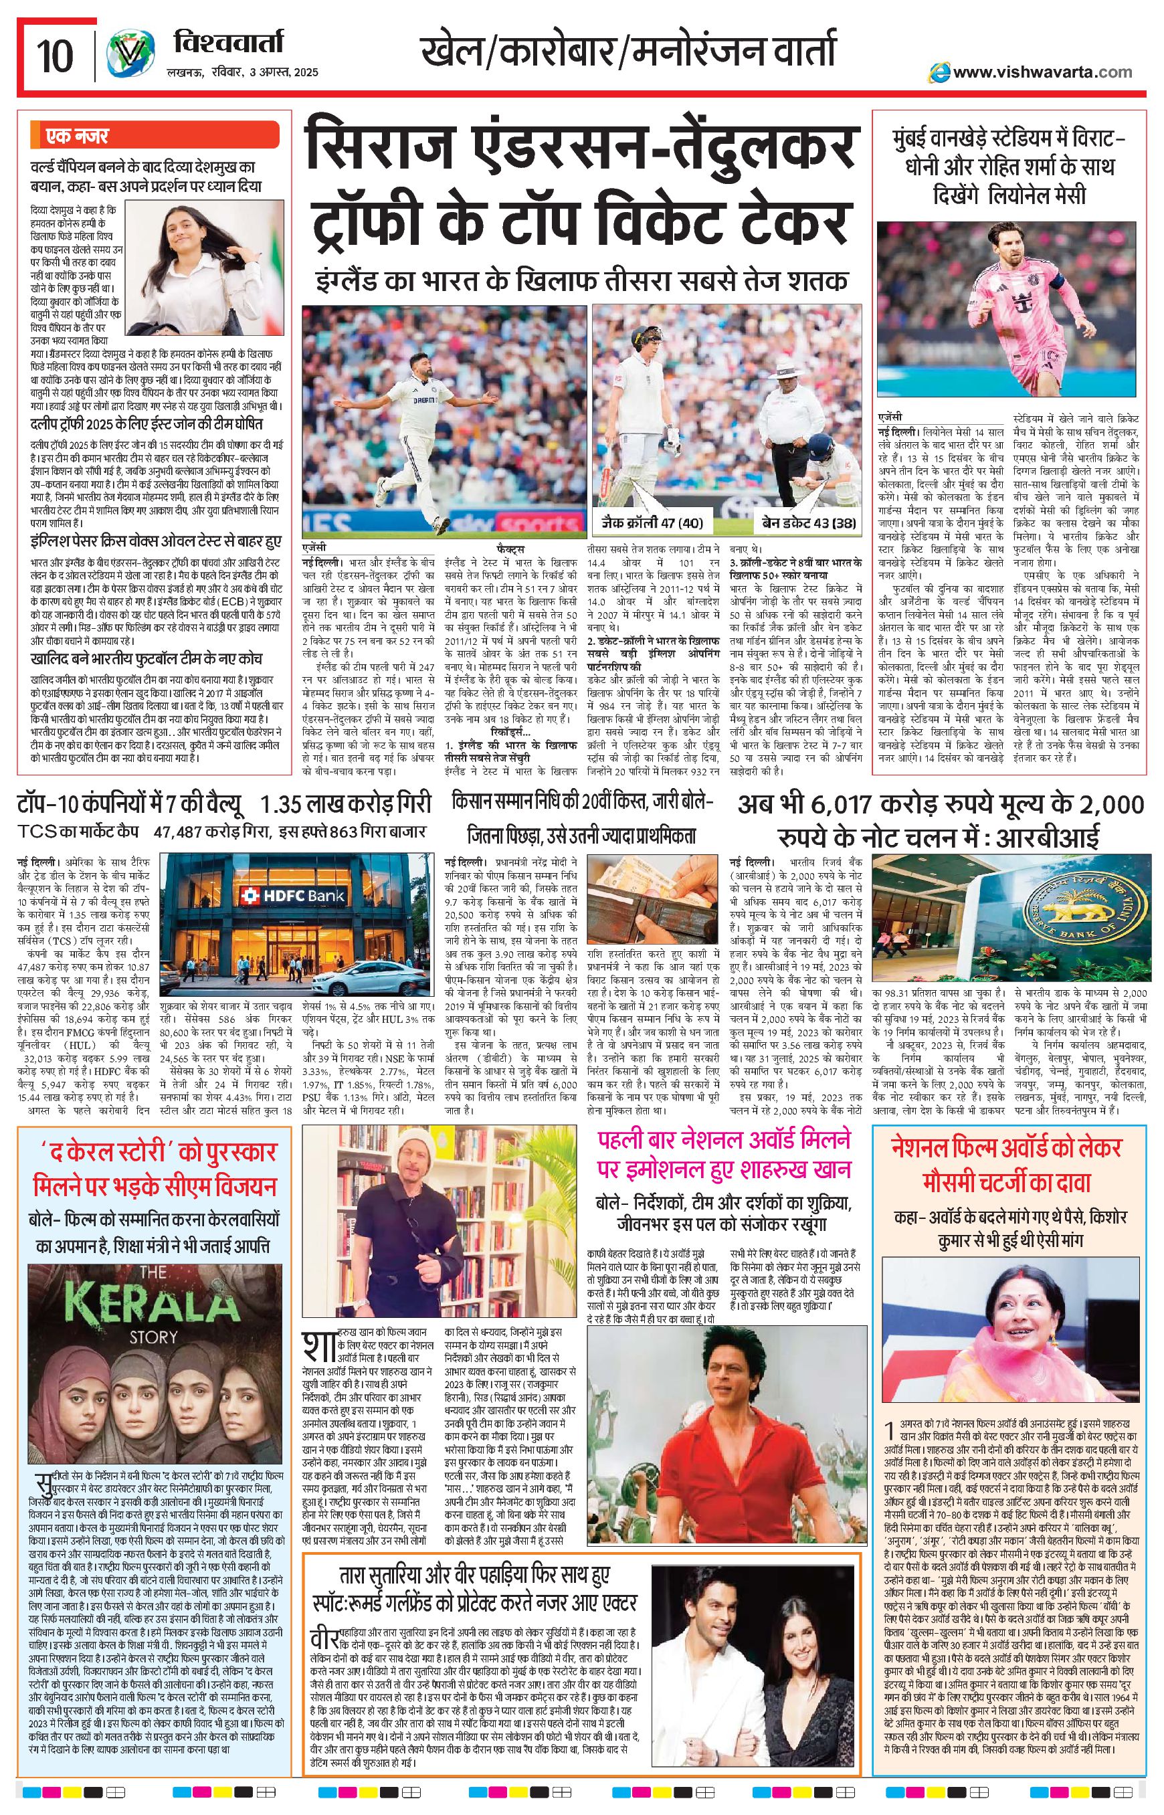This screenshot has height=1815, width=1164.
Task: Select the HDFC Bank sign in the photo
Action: [x=293, y=896]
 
